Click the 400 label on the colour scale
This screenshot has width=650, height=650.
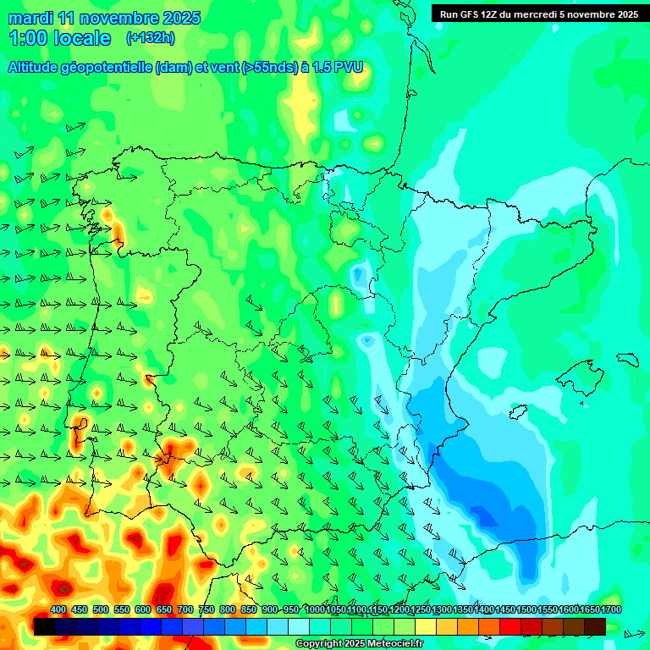point(58,609)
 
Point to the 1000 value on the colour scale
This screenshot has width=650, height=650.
point(315,609)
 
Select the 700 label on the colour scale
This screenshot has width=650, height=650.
point(185,609)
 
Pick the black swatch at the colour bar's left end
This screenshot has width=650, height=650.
point(45,626)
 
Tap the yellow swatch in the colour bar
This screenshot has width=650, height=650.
point(426,626)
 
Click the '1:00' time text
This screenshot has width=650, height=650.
point(28,38)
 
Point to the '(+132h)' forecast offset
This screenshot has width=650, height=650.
point(150,38)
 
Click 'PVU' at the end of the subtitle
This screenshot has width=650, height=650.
point(349,67)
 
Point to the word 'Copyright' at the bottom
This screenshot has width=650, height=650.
point(320,644)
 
